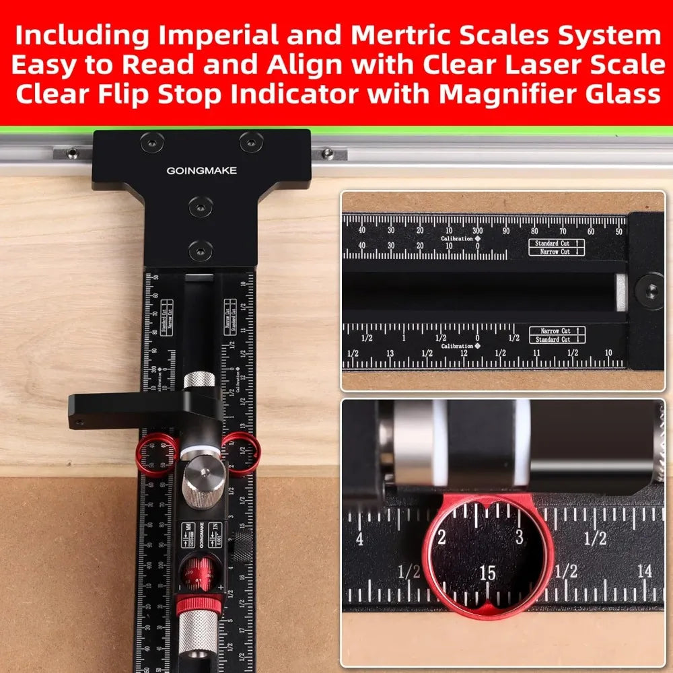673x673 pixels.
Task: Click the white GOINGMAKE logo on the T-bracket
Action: tap(202, 171)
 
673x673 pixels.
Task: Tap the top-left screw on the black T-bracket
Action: tap(149, 142)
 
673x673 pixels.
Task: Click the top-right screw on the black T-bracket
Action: tap(251, 142)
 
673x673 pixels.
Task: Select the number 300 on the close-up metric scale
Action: tap(478, 231)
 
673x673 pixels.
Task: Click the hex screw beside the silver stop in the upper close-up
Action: tap(651, 290)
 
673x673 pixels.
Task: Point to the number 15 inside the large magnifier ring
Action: tap(487, 573)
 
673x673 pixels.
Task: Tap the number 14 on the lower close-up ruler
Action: tap(645, 571)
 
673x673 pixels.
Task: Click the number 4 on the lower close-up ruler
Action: tap(360, 538)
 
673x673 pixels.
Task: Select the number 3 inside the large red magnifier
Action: tap(518, 537)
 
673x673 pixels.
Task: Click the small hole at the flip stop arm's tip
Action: tap(79, 423)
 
